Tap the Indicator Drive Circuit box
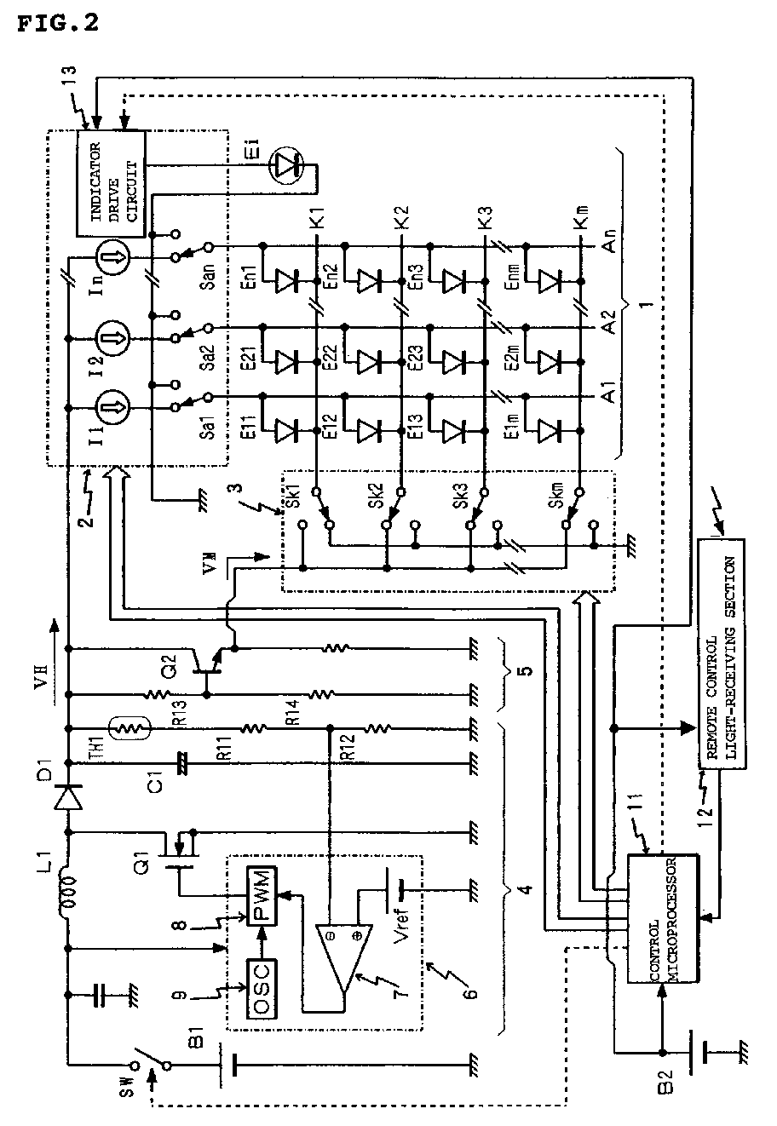point(111,183)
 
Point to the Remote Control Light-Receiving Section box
point(721,656)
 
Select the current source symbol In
point(111,256)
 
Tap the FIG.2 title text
point(56,23)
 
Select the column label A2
point(607,324)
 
